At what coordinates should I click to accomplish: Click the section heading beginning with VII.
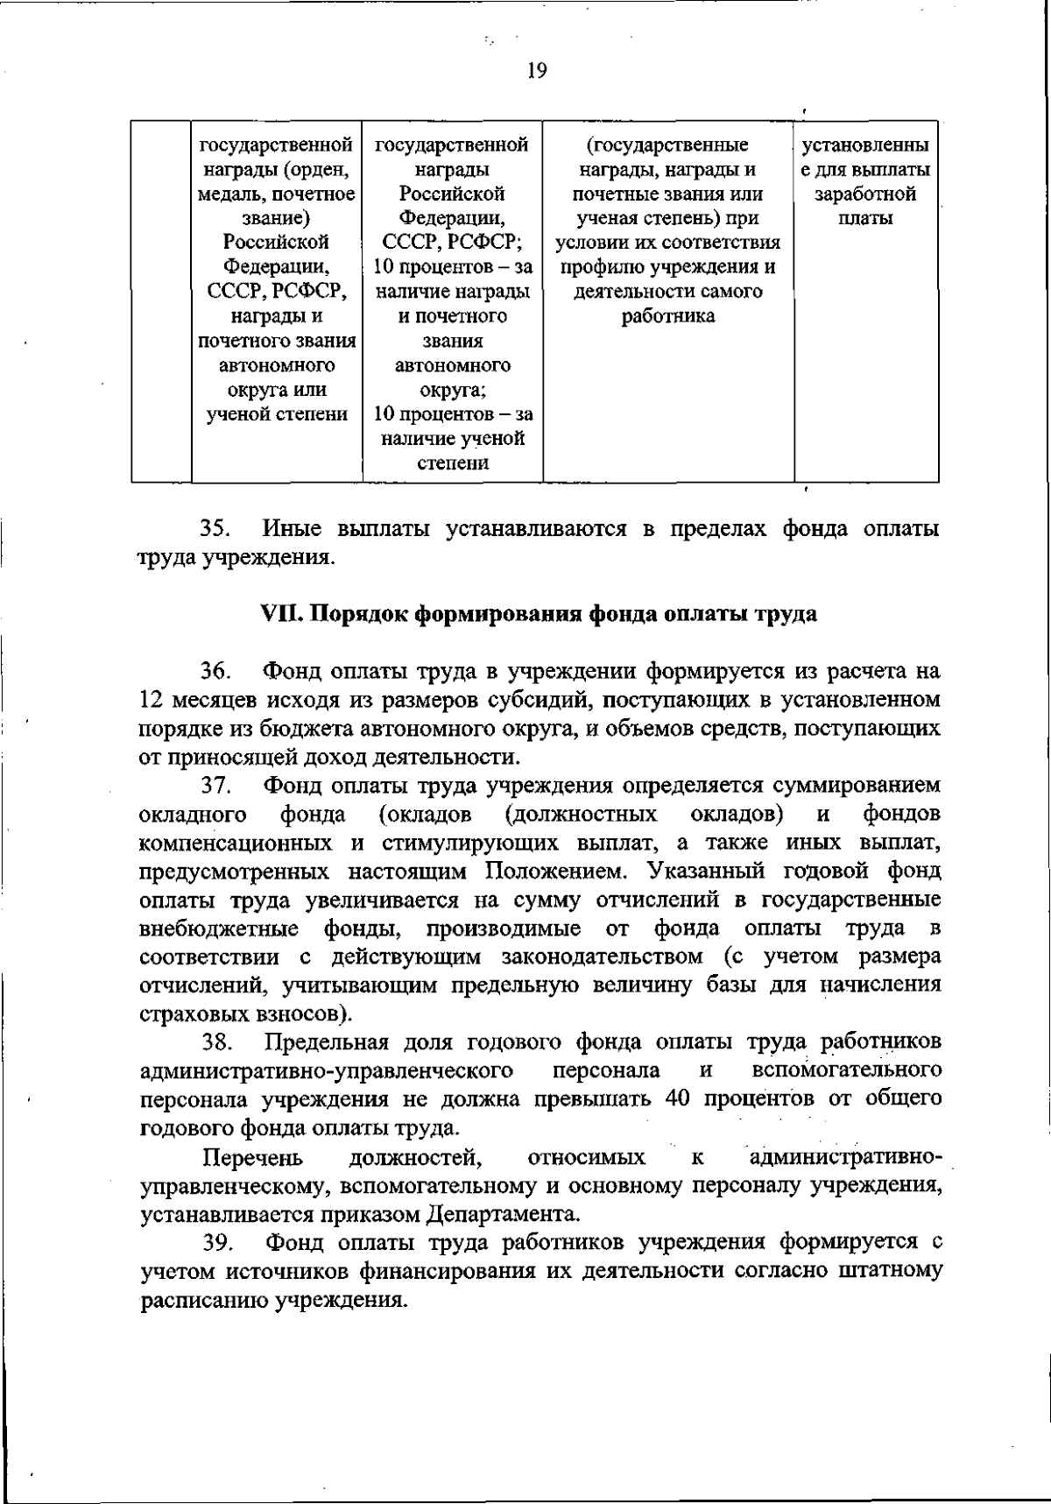540,613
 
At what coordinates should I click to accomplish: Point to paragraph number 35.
215,529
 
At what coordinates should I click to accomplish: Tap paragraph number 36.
215,672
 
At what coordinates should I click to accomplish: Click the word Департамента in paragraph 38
504,1214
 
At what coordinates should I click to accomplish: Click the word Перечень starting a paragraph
253,1157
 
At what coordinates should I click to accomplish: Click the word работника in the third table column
667,316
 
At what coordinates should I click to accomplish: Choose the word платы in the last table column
865,218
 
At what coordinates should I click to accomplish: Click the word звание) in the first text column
277,218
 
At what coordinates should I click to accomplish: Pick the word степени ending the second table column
453,463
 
